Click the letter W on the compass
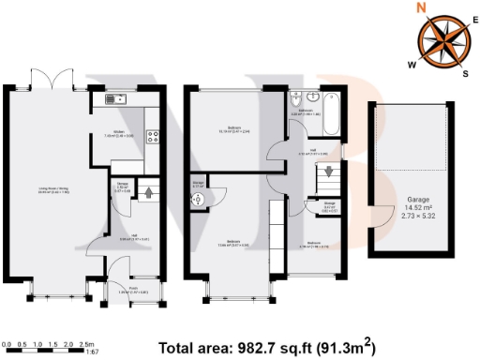click(x=412, y=65)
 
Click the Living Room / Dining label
click(x=53, y=189)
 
